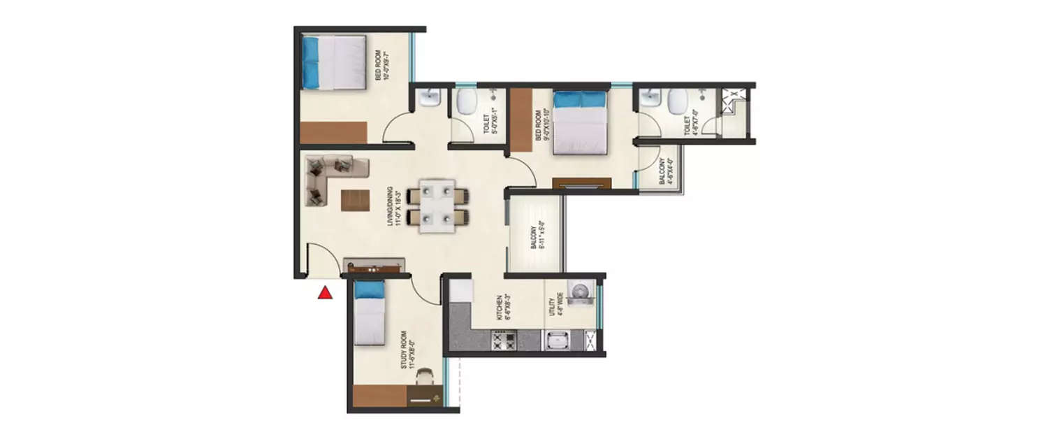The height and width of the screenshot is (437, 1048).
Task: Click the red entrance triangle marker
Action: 325,293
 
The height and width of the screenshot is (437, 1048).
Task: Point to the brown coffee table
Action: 355,200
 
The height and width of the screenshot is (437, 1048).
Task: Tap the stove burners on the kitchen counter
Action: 504,342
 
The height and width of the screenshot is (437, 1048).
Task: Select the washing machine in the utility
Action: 580,292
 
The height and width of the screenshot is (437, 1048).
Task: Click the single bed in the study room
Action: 368,313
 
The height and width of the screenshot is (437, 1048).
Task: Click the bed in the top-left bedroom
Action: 333,62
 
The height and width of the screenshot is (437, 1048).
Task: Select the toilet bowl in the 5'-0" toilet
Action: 465,103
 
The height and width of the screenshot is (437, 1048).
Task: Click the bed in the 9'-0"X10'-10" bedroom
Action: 580,122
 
